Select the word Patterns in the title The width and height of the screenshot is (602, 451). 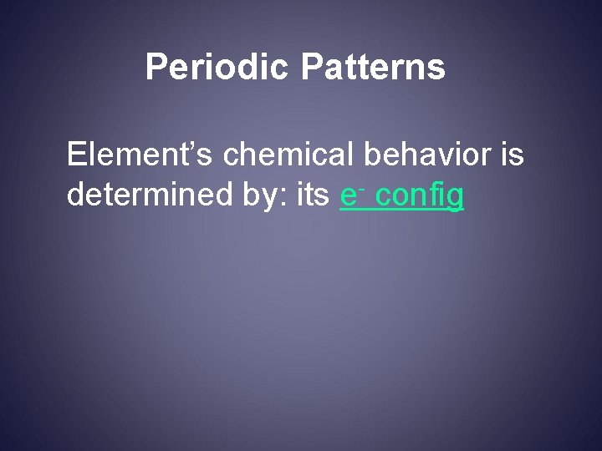tap(373, 68)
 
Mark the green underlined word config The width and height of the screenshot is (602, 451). tap(420, 197)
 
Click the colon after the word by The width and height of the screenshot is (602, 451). tap(262, 199)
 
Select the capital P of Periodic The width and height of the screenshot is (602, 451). tap(156, 68)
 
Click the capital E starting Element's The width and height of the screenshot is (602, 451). tap(77, 155)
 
